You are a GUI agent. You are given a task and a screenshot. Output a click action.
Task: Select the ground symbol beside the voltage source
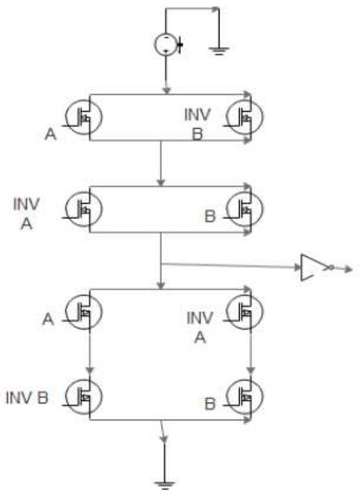point(218,50)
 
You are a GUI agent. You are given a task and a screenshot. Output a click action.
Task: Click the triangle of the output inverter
point(309,266)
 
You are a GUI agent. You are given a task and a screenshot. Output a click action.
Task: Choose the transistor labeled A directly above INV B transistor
point(85,311)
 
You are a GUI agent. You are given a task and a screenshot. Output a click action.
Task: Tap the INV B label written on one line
point(27,398)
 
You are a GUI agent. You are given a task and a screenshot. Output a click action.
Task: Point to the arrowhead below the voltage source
point(166,90)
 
